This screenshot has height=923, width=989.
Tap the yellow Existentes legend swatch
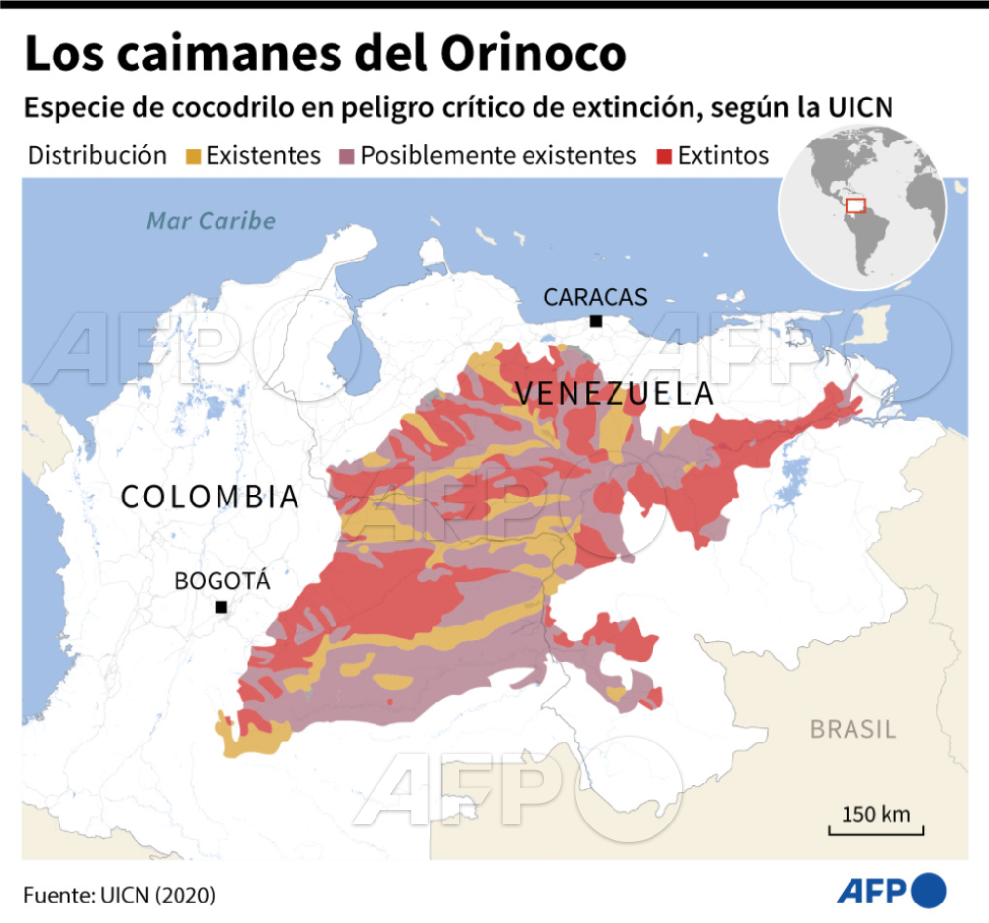click(x=192, y=156)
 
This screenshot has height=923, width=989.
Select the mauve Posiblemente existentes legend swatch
click(x=346, y=156)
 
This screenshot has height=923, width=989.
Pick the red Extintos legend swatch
click(x=664, y=156)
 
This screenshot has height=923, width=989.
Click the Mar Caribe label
click(x=211, y=221)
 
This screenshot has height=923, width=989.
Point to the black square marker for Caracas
click(x=595, y=321)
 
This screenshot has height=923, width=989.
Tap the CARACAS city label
click(x=595, y=298)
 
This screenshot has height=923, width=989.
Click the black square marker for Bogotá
click(x=221, y=607)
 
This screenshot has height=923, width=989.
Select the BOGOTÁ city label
click(x=221, y=582)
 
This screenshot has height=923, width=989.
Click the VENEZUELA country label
click(x=614, y=395)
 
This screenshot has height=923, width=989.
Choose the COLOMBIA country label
click(x=210, y=497)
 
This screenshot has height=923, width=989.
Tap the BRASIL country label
click(x=853, y=729)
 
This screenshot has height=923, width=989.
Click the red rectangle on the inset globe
click(x=855, y=205)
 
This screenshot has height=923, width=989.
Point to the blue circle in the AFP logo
click(x=930, y=890)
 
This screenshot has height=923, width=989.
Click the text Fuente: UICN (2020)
click(x=119, y=894)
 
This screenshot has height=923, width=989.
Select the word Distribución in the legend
click(x=98, y=156)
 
